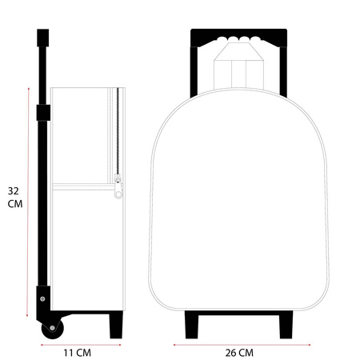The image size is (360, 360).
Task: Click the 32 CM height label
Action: click(15, 198)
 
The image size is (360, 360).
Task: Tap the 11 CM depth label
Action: click(77, 353)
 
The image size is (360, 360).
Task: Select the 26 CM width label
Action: click(239, 353)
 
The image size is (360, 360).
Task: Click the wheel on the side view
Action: click(53, 328)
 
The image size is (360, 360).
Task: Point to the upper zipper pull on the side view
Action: click(117, 178)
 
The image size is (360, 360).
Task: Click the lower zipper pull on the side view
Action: click(118, 191)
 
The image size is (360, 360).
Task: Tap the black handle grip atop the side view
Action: click(43, 38)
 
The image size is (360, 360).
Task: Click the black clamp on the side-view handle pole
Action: click(43, 113)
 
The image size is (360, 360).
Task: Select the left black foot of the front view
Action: click(192, 325)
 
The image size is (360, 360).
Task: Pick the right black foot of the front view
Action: click(286, 325)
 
